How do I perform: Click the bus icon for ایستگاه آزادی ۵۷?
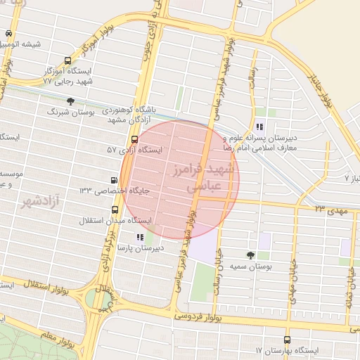pos(134,139)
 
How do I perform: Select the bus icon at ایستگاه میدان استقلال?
pos(115,210)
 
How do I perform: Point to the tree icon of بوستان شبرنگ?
pos(70,101)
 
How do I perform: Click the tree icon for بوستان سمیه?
pos(251,255)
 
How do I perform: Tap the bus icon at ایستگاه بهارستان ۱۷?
pos(286,338)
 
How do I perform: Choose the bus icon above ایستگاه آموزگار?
pos(67,61)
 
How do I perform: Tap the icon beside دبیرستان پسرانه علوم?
pos(259,127)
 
